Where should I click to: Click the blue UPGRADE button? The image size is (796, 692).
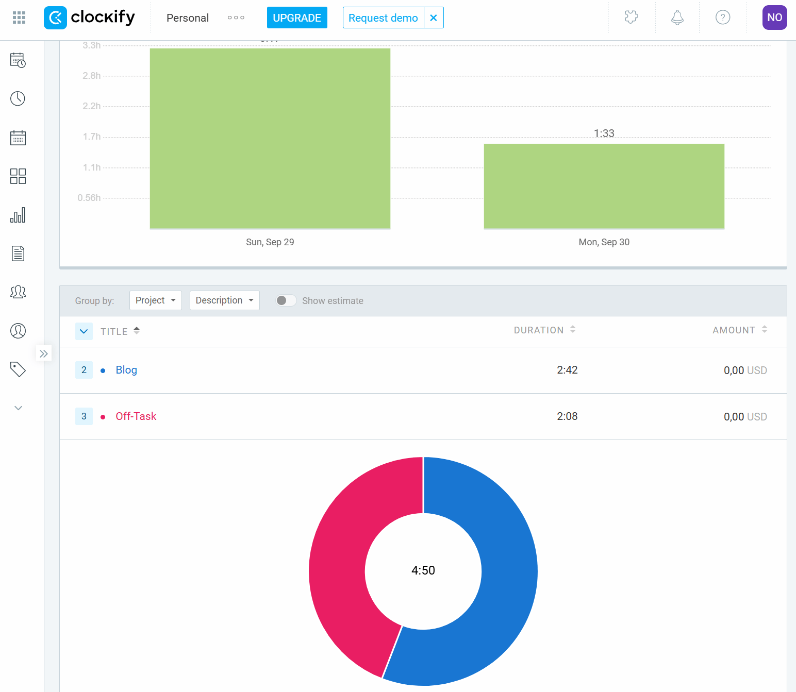[x=297, y=18]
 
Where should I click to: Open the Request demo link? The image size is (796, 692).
[x=383, y=18]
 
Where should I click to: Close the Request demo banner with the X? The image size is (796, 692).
[x=434, y=18]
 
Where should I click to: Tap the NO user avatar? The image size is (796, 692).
[x=774, y=18]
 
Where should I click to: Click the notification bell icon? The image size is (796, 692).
[x=677, y=18]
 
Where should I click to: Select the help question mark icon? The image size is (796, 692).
[x=723, y=18]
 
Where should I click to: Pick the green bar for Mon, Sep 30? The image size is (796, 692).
[x=604, y=186]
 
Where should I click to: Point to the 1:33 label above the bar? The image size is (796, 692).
[x=604, y=133]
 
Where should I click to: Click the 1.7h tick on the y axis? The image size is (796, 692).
[x=92, y=137]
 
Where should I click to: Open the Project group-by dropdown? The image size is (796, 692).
[x=155, y=300]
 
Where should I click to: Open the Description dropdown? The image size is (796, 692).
[x=224, y=300]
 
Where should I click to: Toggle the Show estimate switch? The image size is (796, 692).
[x=286, y=300]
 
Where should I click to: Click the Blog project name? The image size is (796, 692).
[x=126, y=370]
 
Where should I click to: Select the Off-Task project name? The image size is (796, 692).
[x=136, y=416]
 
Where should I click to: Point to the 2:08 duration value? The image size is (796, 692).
[x=567, y=416]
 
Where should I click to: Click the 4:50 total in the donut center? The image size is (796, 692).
[x=423, y=570]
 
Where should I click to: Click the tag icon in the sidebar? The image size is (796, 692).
[x=18, y=369]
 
